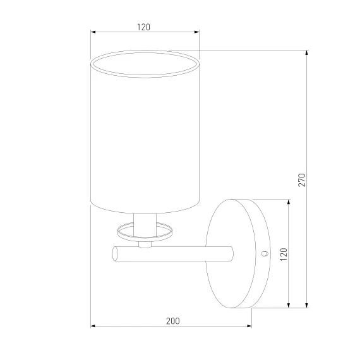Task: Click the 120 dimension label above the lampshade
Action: pos(143,27)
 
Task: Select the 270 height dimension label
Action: pos(302,180)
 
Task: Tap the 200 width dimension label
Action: pos(173,321)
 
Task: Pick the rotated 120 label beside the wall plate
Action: pos(284,254)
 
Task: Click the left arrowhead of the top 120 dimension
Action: pos(93,32)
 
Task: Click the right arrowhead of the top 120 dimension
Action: pos(197,32)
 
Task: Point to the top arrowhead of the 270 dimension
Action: pos(306,52)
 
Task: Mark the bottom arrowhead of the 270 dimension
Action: pos(306,305)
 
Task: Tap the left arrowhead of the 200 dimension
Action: pos(93,326)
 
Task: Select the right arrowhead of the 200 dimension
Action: pos(249,326)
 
